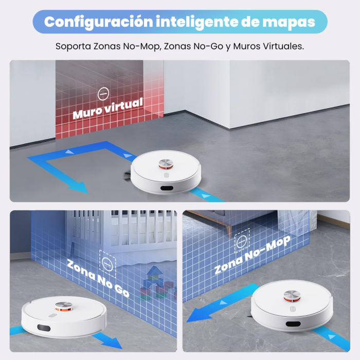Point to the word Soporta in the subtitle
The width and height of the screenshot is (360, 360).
[x=74, y=46]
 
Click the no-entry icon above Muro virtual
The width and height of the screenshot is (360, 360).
[x=103, y=94]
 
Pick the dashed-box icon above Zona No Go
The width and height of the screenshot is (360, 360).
[x=107, y=262]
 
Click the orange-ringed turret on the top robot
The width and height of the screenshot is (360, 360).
[x=167, y=164]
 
